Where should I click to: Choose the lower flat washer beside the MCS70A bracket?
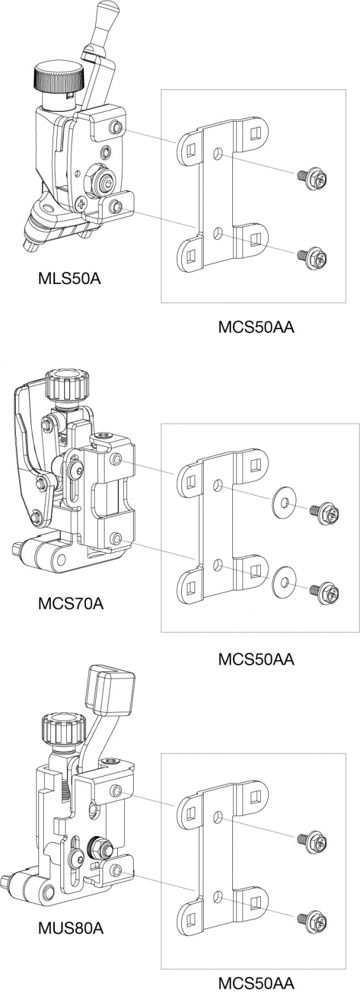point(284,581)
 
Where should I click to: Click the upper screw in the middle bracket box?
point(324,513)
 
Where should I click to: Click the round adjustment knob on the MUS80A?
point(63,730)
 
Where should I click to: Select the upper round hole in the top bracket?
point(217,154)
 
